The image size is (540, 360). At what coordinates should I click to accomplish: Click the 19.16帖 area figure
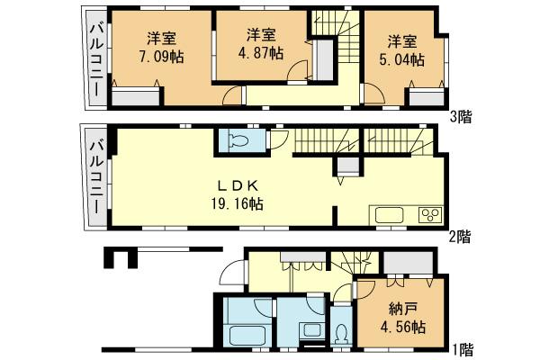point(238,204)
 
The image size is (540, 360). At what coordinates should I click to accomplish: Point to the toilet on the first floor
point(341,334)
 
